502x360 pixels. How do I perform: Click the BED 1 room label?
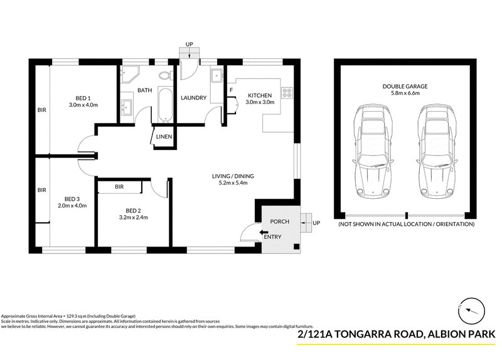pos(83,98)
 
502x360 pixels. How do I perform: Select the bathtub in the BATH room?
pos(166,105)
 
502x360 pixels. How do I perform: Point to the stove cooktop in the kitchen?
pos(287,93)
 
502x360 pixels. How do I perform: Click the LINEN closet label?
pos(164,137)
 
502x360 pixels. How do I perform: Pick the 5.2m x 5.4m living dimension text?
pos(233,183)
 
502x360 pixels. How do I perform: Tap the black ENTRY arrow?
pos(264,232)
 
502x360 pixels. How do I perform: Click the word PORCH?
pos(279,221)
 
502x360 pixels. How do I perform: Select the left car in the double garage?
pos(373,151)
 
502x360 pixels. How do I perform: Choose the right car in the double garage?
pos(437,151)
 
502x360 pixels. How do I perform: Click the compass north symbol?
pos(471,310)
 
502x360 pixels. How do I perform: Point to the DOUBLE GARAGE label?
pos(405,87)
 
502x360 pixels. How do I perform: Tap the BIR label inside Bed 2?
pos(119,186)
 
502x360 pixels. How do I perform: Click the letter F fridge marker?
pos(231,90)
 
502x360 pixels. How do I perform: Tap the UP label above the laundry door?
pos(190,44)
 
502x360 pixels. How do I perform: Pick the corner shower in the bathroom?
pos(129,75)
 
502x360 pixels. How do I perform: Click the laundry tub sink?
pos(216,75)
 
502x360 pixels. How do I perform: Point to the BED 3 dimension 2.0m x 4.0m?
pos(72,206)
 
